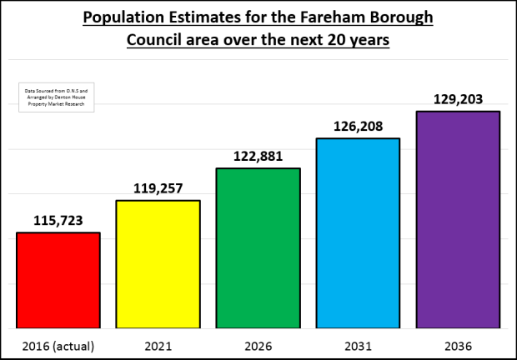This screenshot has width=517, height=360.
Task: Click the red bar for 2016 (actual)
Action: coord(58,280)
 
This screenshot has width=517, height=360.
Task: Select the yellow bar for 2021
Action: coord(158,264)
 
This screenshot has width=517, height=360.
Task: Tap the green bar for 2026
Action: coord(258,248)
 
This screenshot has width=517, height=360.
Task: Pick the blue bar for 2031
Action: coord(358,232)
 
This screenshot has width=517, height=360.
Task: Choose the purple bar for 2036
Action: coord(458,219)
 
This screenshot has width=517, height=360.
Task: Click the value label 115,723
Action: coord(58,220)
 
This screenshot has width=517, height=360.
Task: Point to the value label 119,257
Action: coord(158,188)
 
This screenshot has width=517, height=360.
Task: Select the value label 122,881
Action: coord(258,156)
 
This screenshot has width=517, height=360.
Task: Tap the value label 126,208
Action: coord(358,126)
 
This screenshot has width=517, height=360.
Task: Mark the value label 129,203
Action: coord(458,98)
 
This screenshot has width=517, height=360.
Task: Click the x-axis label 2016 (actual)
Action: coord(58,344)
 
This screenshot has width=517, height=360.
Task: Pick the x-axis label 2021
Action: coord(158,344)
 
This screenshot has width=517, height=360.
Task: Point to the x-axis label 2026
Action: coord(258,344)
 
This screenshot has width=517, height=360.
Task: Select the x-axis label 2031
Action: coord(358,344)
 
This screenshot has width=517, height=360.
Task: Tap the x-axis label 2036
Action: coord(458,344)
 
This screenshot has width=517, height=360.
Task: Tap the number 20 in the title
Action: coord(334,41)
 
